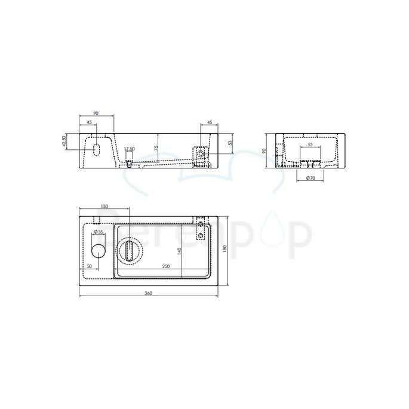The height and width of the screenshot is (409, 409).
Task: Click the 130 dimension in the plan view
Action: click(x=104, y=207)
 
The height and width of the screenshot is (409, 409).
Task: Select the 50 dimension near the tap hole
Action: click(x=90, y=266)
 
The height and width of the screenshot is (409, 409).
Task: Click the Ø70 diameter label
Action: click(x=310, y=178)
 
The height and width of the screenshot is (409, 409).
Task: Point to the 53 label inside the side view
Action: click(x=310, y=145)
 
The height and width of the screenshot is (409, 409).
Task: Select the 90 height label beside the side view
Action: click(x=266, y=150)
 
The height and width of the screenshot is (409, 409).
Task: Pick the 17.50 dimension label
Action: click(x=129, y=149)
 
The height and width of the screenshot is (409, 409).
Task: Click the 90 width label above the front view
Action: click(x=96, y=113)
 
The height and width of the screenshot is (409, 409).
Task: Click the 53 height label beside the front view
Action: click(x=229, y=143)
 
